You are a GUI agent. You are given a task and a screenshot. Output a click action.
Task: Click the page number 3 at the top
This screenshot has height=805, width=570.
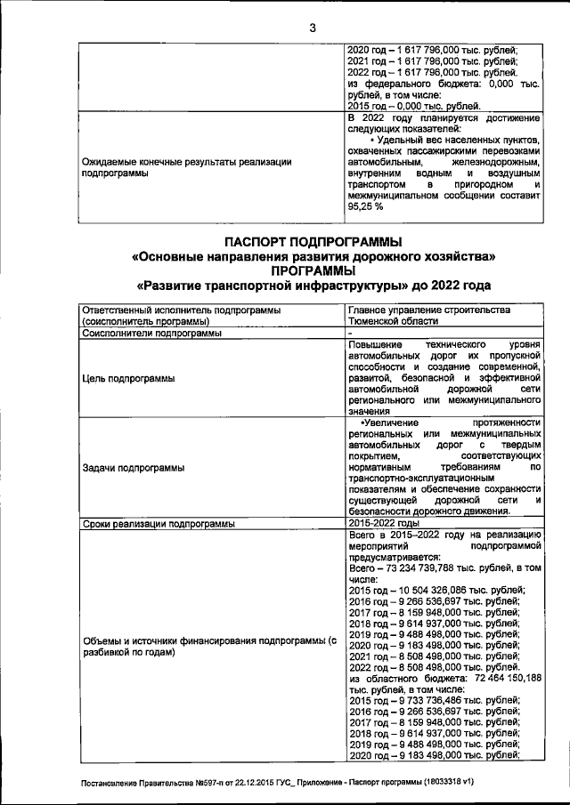(x=313, y=27)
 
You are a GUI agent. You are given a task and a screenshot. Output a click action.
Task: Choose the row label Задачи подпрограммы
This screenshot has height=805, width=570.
(x=133, y=466)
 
